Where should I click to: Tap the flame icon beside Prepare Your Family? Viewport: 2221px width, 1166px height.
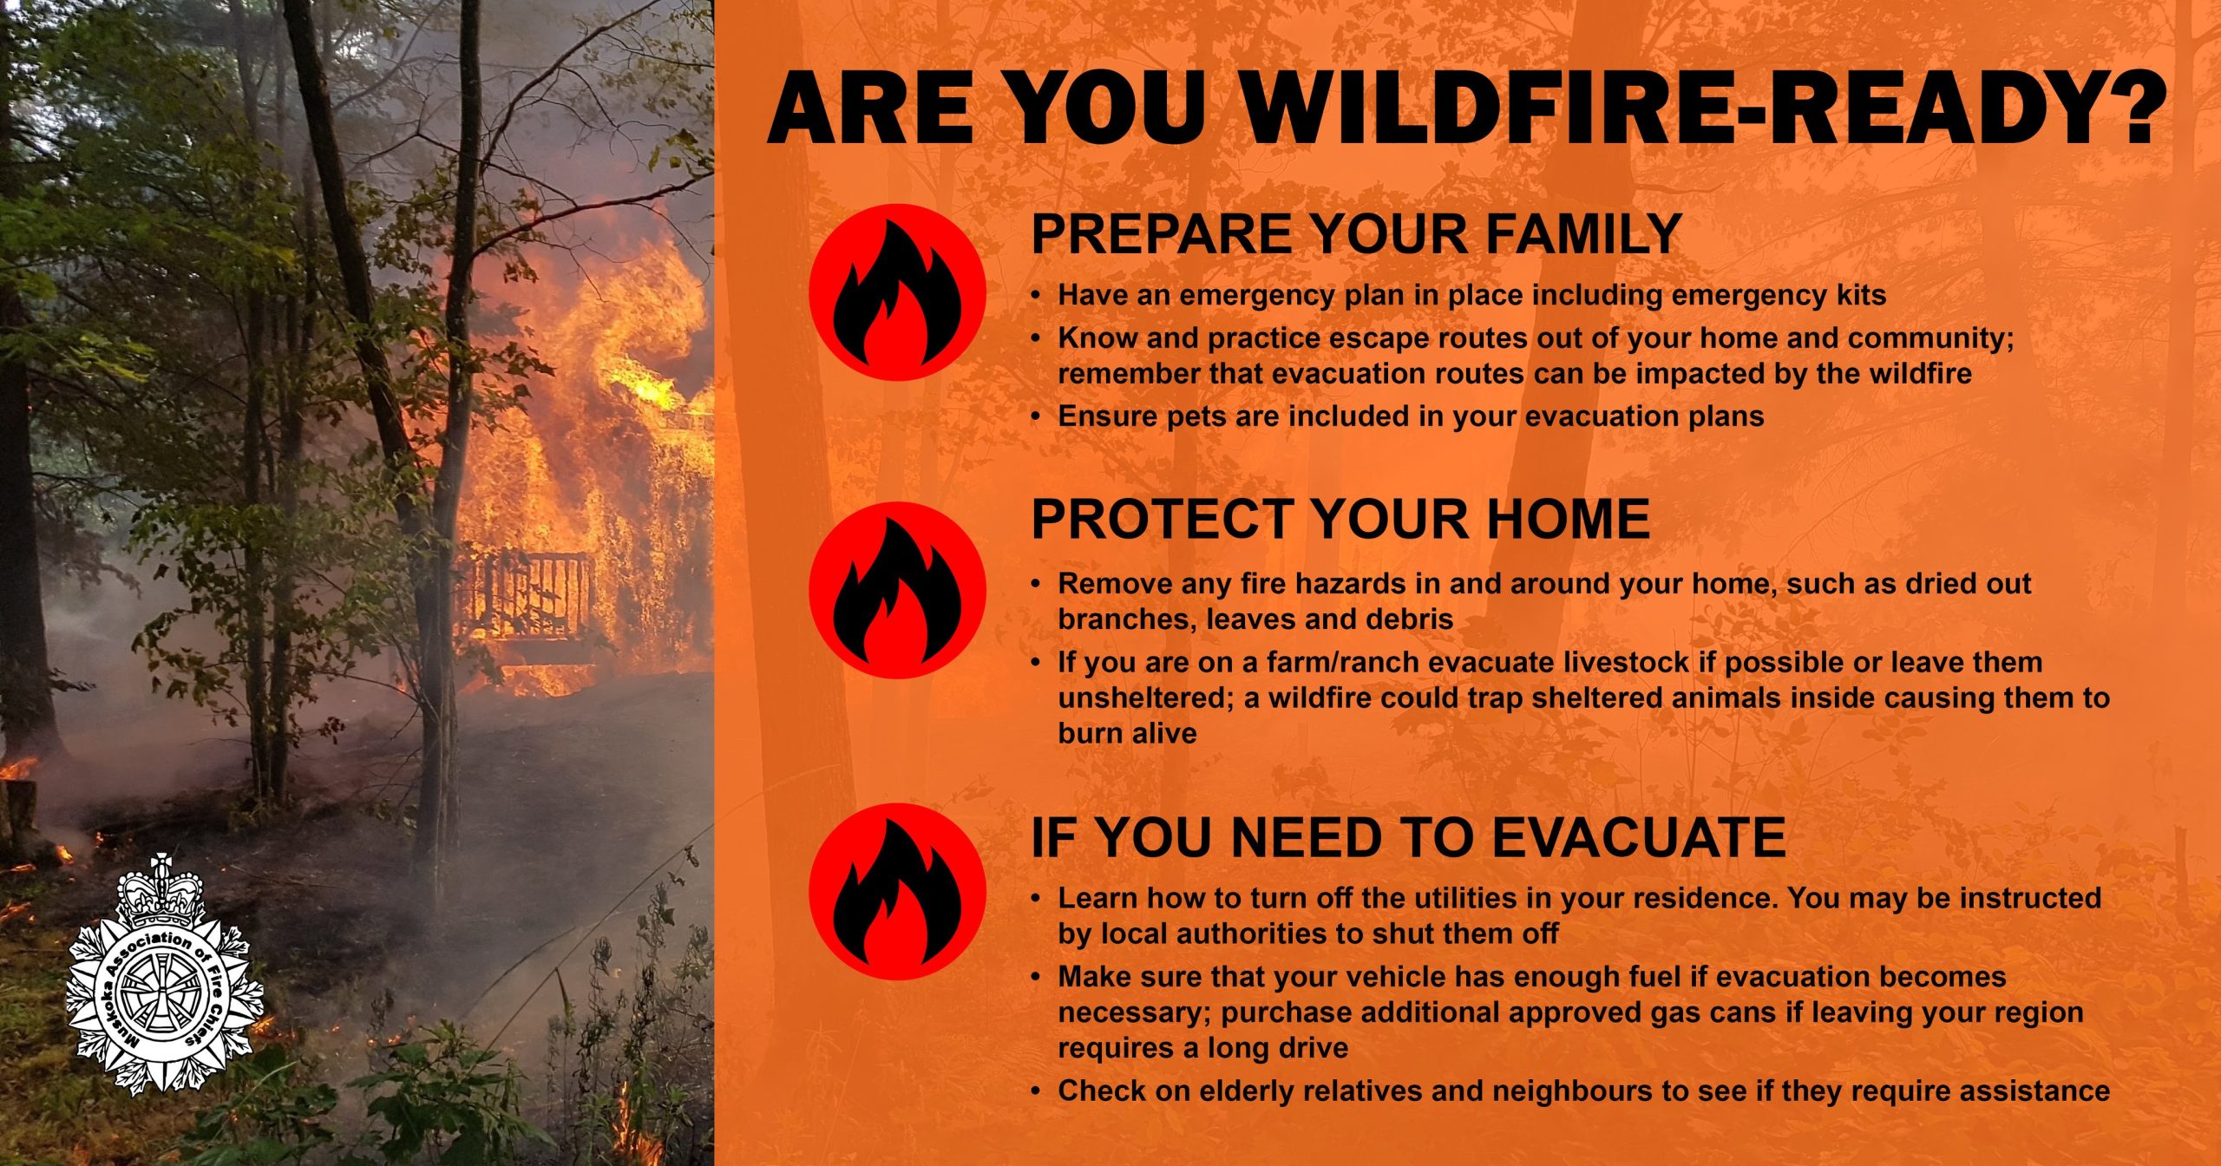tap(897, 292)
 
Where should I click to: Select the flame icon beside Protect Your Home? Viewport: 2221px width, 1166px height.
tap(897, 590)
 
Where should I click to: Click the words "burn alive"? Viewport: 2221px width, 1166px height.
tap(1127, 734)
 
